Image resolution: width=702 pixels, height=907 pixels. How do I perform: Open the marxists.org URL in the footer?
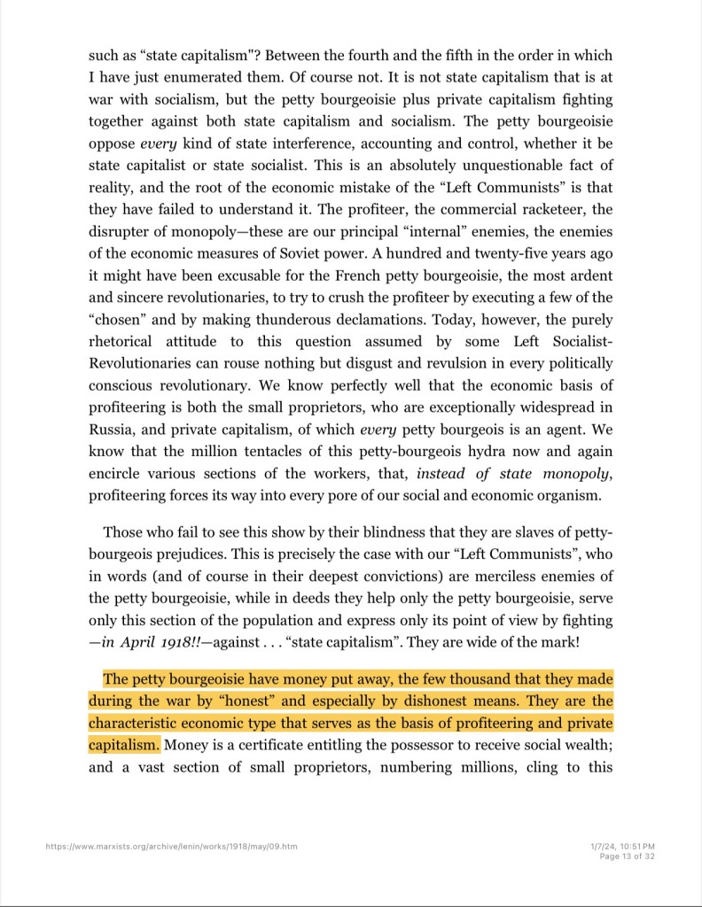coord(172,847)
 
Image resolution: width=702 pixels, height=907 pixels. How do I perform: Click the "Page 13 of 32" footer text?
coord(627,857)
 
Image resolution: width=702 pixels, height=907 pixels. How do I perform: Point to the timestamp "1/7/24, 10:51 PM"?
coord(622,847)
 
